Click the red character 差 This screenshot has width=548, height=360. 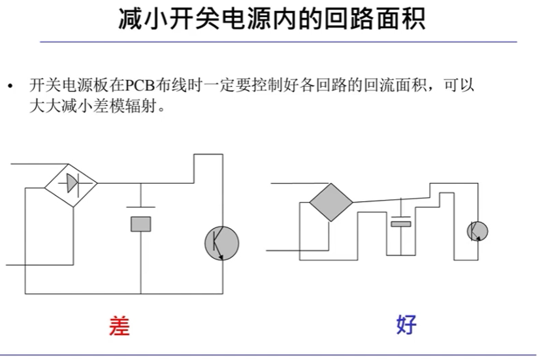[119, 325]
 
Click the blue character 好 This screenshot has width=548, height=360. [406, 324]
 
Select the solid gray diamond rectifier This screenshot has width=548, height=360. [330, 203]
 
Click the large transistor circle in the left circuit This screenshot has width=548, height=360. [222, 243]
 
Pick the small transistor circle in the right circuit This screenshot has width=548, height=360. [477, 231]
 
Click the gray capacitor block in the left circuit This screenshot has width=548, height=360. [140, 223]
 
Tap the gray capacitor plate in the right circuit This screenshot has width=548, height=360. [401, 224]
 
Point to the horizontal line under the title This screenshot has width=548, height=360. [278, 42]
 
